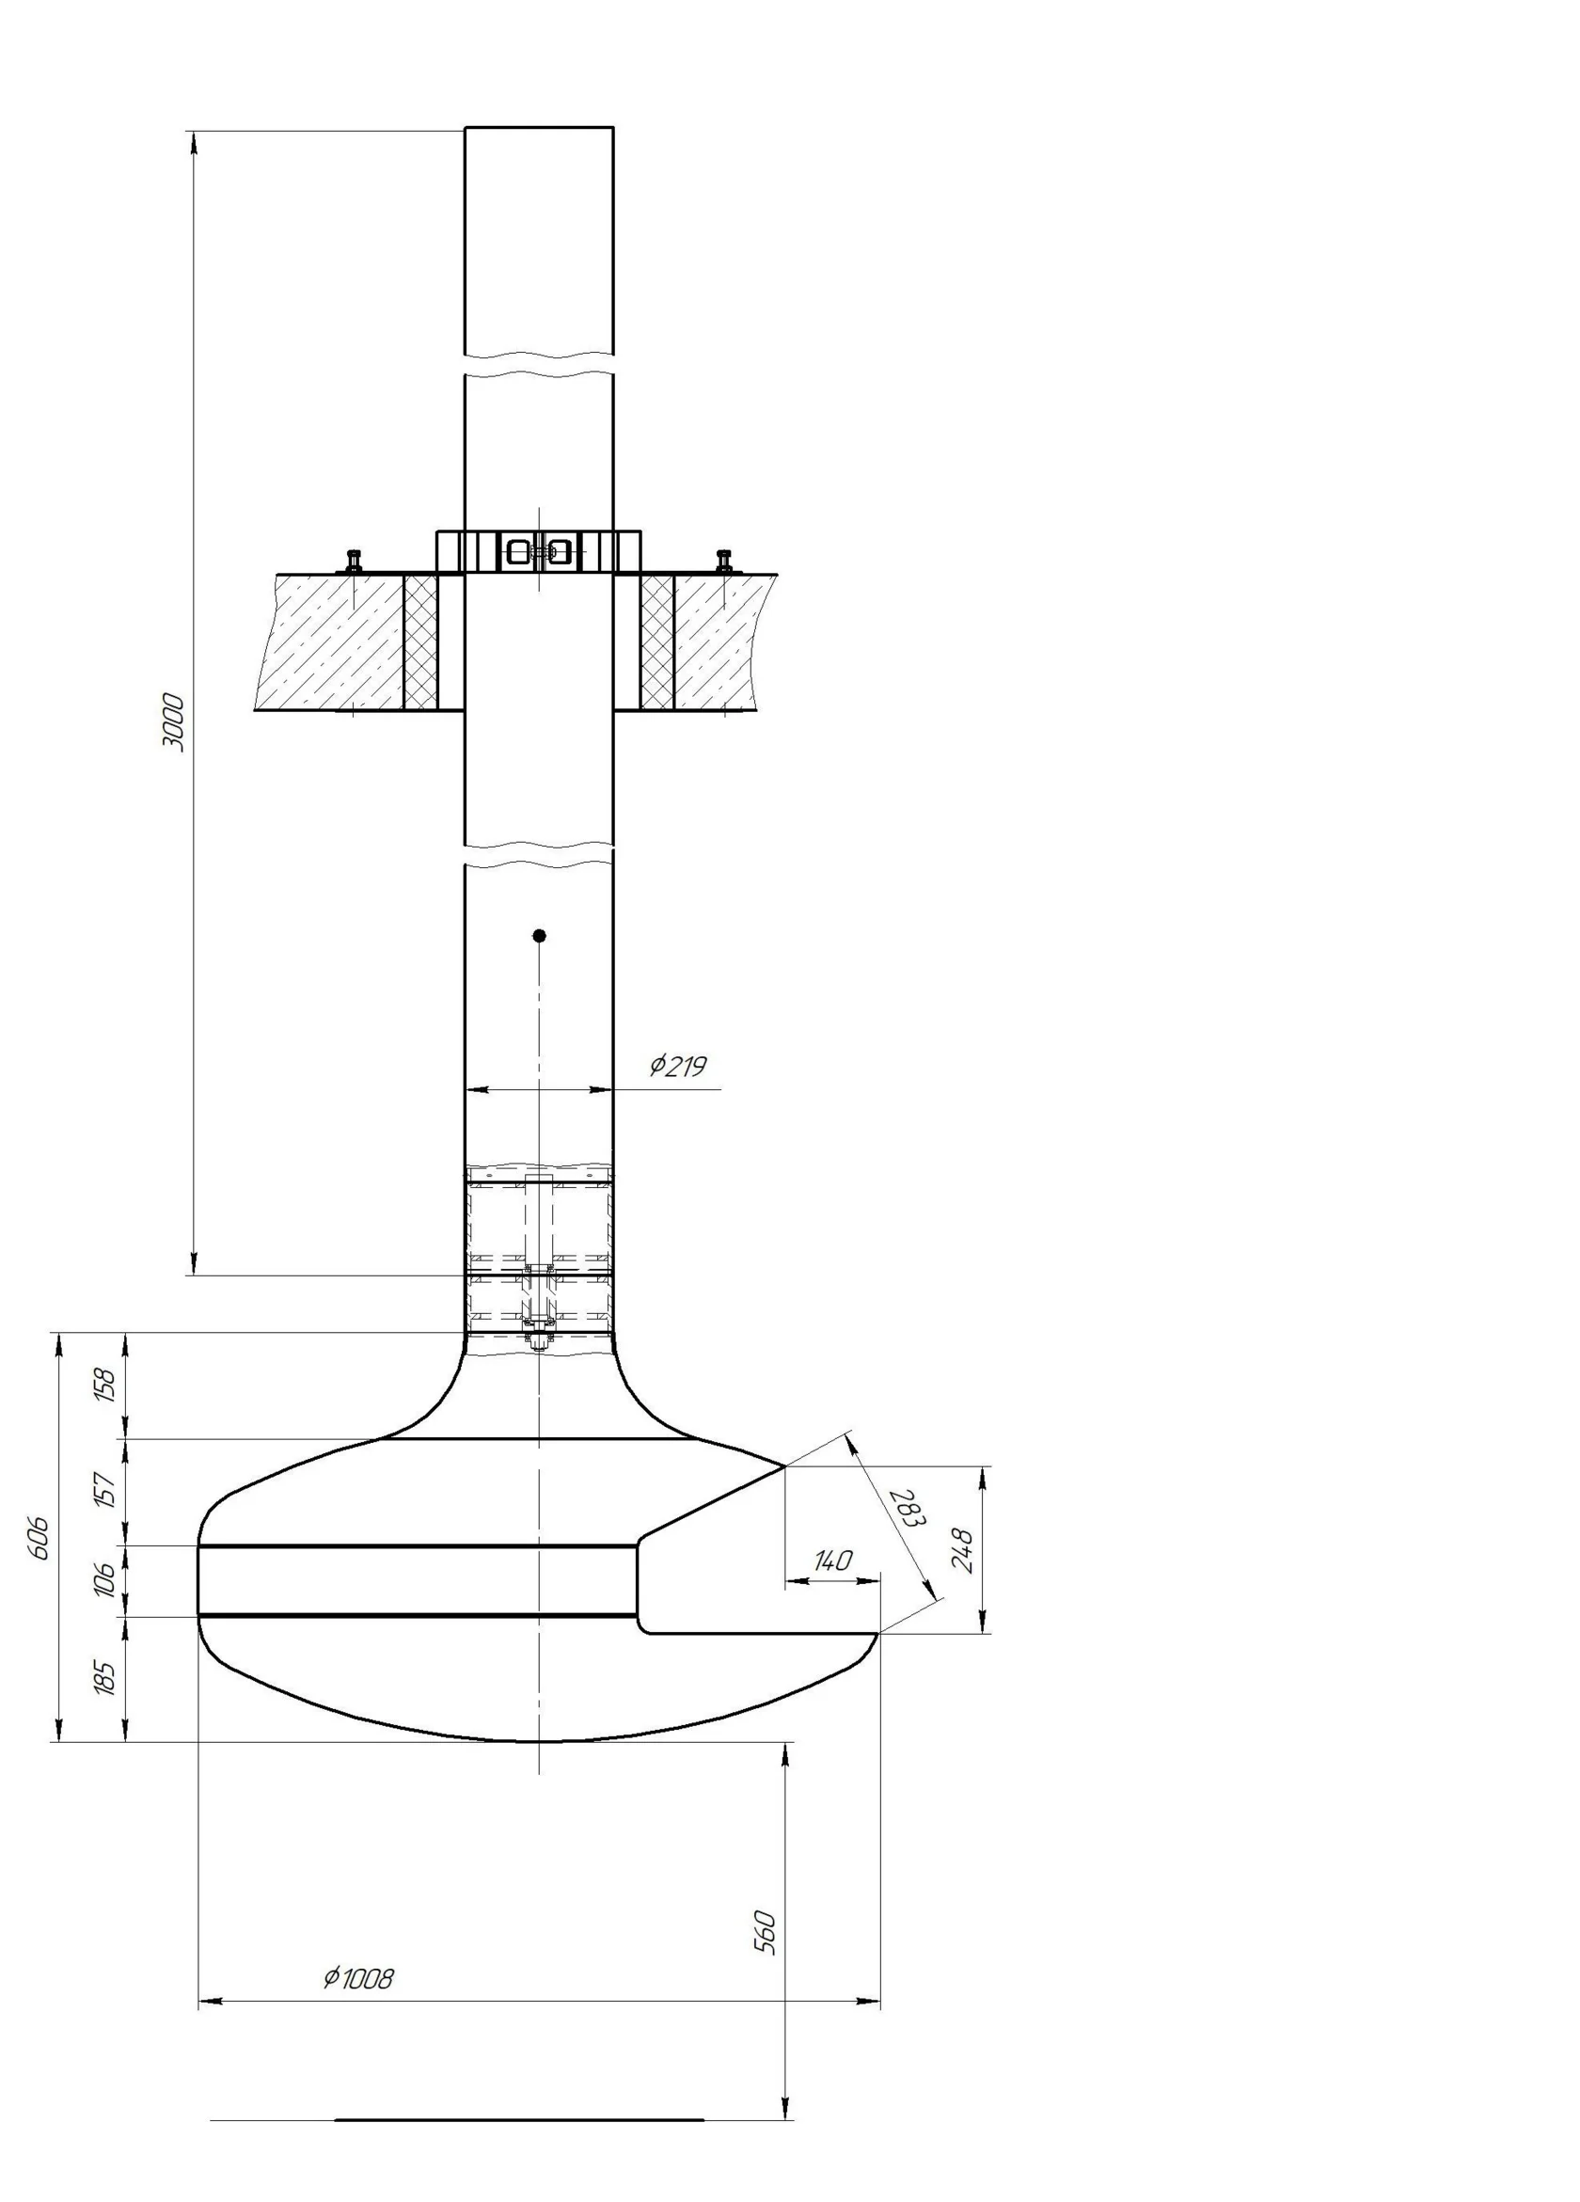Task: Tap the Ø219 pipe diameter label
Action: click(x=678, y=1066)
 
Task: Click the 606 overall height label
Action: click(x=39, y=1538)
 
